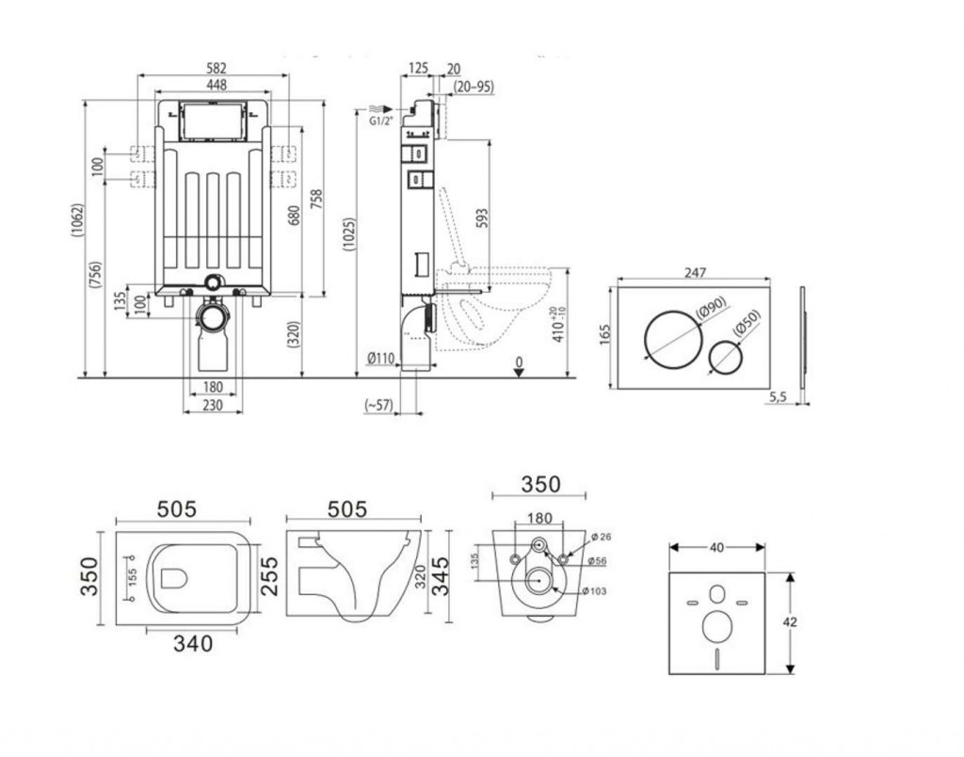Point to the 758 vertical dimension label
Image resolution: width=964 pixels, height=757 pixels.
point(316,200)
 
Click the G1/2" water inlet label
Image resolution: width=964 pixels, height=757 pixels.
point(380,121)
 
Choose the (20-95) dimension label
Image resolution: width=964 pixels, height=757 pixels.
point(474,87)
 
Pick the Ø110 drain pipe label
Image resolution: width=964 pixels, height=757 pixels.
point(380,358)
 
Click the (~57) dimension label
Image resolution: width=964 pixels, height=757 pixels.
point(379,405)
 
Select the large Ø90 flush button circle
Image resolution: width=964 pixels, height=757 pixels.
point(673,338)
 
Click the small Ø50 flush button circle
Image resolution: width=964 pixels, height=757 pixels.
point(727,357)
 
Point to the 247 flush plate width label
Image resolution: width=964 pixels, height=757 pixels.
point(695,272)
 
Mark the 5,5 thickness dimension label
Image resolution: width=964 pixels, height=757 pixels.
point(778,396)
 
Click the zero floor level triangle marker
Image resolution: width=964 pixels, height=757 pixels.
point(520,372)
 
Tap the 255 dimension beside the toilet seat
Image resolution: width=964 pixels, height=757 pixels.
point(269,576)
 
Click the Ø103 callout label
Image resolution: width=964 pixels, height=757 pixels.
point(594,591)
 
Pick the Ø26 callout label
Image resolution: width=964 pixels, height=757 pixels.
point(601,537)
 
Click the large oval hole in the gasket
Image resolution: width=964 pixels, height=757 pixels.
point(716,627)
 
